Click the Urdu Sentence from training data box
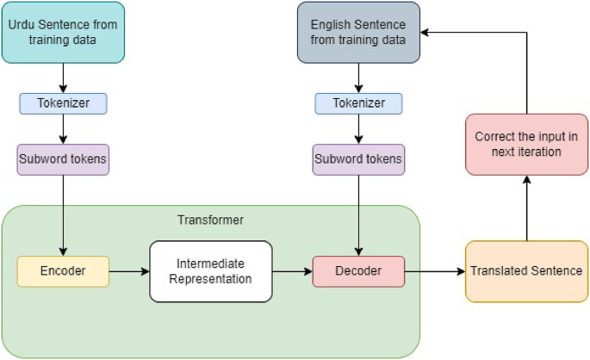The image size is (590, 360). (63, 32)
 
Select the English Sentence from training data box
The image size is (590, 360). (358, 32)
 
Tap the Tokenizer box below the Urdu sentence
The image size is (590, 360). (63, 103)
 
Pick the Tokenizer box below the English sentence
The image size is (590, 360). (358, 103)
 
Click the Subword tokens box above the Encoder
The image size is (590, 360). (63, 159)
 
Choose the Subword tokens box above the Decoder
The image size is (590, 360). (358, 159)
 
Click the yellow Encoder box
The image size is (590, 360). (63, 271)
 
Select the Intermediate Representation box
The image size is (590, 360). (210, 271)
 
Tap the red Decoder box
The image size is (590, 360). (358, 271)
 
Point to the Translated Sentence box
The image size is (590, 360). (525, 271)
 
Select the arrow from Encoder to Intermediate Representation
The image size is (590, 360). (129, 271)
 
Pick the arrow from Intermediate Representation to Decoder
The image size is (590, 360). (292, 271)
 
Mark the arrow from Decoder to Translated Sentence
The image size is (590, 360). (435, 271)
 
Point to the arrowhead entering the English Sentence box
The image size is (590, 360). (425, 32)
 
